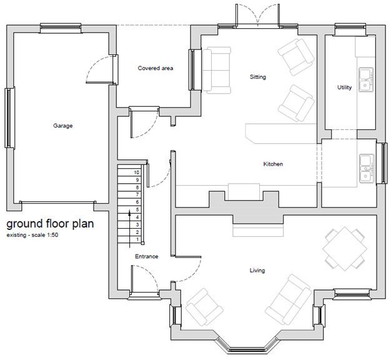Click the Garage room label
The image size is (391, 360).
63,126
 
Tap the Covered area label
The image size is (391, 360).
156,68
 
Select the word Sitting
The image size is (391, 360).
258,77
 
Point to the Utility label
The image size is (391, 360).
344,87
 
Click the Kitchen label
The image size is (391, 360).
273,164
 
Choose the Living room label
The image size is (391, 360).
257,271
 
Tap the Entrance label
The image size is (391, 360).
147,256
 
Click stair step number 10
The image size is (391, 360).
136,172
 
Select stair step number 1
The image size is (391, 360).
137,239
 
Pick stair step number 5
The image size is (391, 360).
137,209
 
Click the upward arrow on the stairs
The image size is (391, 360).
129,229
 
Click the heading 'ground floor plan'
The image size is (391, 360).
50,224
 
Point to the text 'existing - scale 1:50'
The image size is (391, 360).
32,235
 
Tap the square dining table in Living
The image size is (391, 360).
345,249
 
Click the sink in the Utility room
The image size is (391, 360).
366,79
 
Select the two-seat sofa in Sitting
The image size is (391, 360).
217,71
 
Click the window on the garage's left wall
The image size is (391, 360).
9,117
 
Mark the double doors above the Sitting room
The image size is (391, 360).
258,15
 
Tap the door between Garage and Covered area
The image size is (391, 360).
102,69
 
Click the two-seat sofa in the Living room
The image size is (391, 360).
289,299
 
